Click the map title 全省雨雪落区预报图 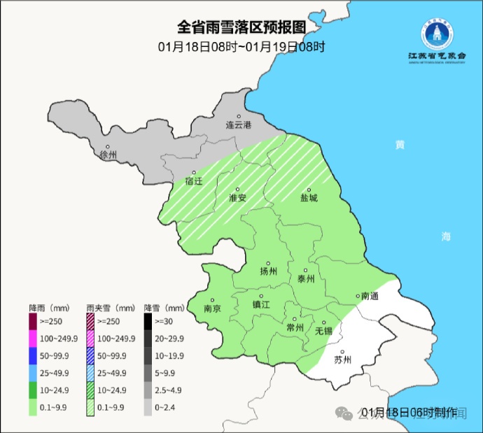[241, 27]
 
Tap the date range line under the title [241, 48]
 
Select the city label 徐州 [108, 155]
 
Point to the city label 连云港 [237, 125]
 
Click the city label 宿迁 [193, 180]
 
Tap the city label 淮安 [238, 197]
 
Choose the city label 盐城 [309, 197]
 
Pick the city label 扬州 [268, 271]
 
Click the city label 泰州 [306, 278]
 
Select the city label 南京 [212, 308]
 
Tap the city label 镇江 [261, 304]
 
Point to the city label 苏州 [342, 360]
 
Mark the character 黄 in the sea [400, 145]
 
